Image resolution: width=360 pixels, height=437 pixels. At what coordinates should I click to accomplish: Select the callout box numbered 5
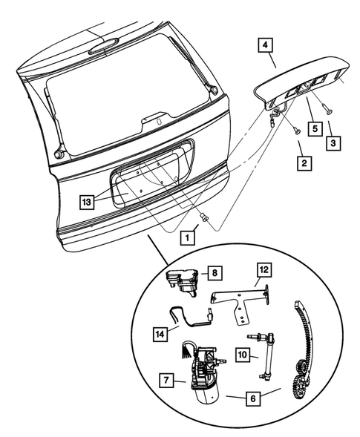tap(315, 128)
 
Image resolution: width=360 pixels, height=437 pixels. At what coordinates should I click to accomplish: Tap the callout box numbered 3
tap(336, 141)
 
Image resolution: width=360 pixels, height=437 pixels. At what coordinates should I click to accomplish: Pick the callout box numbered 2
tap(302, 160)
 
